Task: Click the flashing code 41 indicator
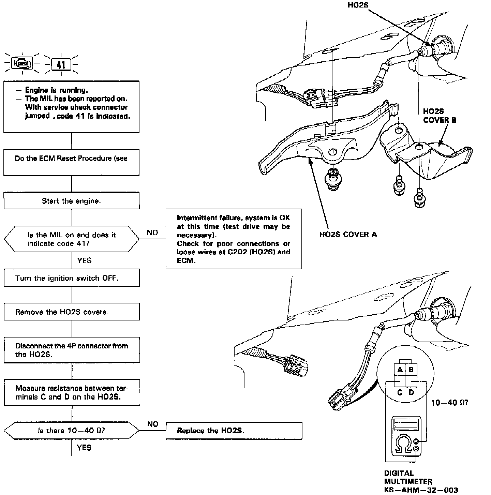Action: (x=61, y=64)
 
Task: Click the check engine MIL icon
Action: (x=22, y=63)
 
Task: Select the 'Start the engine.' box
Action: (x=71, y=201)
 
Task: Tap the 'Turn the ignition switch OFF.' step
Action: (x=71, y=278)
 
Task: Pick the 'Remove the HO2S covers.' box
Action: (x=71, y=312)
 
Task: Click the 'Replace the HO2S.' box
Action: (x=234, y=431)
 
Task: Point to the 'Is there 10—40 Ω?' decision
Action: (x=71, y=431)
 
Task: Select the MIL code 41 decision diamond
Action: (x=71, y=239)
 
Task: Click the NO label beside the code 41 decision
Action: (x=152, y=232)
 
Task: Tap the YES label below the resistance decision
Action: (x=84, y=447)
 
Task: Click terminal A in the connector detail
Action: (x=400, y=370)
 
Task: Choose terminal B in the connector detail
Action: (x=411, y=370)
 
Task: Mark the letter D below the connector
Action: (x=411, y=392)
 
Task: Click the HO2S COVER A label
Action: (x=348, y=235)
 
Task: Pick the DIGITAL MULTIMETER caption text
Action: (x=408, y=477)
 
